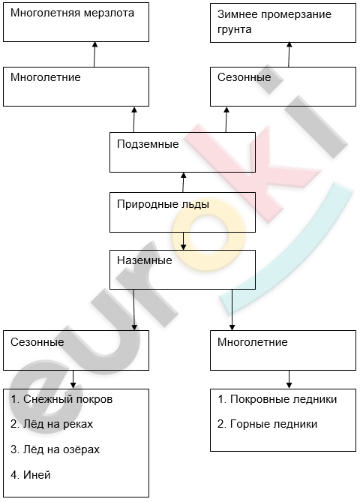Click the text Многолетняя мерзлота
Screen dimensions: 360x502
tap(72, 13)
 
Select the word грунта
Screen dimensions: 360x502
tap(235, 29)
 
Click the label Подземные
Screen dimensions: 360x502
tap(148, 144)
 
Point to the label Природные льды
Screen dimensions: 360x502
tap(163, 204)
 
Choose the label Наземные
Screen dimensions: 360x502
tap(144, 260)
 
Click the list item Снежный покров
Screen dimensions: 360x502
tap(61, 399)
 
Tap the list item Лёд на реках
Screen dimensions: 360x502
tap(52, 424)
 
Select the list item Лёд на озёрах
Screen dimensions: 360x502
tap(55, 449)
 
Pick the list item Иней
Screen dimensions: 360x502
tap(31, 475)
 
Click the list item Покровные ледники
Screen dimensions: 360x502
tap(277, 399)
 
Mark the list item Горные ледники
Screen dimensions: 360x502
tap(268, 424)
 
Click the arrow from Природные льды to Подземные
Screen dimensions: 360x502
tap(183, 182)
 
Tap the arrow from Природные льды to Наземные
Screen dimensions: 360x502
tap(183, 241)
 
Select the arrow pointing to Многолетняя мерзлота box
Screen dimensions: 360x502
tap(94, 55)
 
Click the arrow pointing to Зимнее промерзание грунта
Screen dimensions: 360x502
tap(289, 55)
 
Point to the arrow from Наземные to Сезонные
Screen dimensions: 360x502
tap(134, 310)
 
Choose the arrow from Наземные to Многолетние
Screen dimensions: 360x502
tap(232, 310)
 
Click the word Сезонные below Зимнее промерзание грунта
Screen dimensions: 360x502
tap(244, 77)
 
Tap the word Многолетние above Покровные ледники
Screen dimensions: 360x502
tap(253, 342)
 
